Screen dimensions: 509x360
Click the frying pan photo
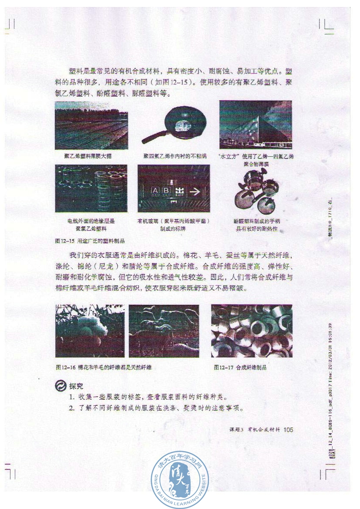click(174, 125)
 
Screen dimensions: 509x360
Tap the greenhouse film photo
click(91, 125)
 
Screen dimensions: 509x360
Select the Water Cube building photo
click(256, 125)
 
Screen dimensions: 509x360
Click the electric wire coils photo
click(91, 188)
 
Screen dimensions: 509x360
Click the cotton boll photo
click(90, 331)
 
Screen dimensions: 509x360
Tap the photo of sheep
click(164, 331)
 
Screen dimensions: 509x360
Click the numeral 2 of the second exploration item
click(71, 408)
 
